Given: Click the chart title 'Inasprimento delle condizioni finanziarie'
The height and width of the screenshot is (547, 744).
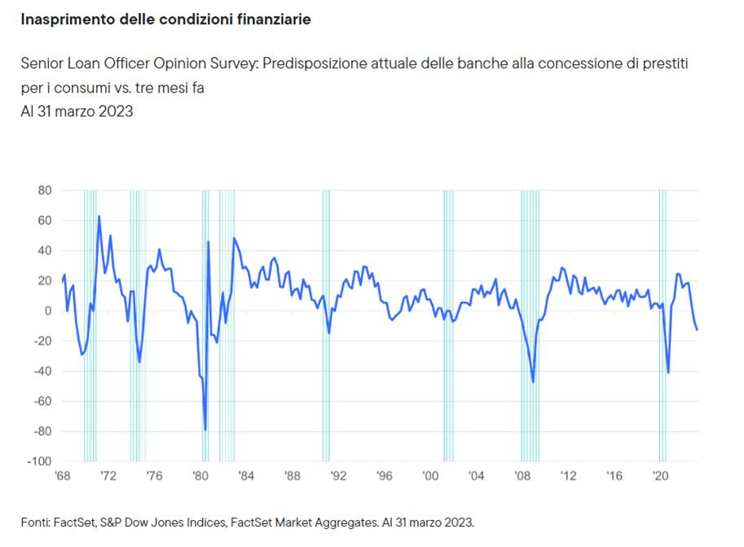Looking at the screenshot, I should [166, 19].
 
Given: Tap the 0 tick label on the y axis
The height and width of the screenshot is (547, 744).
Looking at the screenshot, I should [48, 311].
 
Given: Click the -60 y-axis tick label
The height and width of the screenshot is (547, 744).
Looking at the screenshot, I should [42, 401].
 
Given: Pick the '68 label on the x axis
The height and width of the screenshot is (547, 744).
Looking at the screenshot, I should [62, 476].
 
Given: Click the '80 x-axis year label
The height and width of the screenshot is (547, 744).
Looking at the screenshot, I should [200, 476].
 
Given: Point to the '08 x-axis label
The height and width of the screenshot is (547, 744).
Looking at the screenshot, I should [522, 476].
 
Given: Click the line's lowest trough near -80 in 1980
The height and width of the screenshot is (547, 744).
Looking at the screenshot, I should [205, 430].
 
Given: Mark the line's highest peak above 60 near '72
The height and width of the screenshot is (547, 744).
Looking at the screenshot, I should [99, 216].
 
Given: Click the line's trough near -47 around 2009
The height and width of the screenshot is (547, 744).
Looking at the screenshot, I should [533, 382].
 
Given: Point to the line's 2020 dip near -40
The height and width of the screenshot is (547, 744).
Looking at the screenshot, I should [668, 373].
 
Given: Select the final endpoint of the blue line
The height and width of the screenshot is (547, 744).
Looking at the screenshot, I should [698, 330].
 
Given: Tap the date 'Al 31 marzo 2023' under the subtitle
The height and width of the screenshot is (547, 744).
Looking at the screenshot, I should [77, 112].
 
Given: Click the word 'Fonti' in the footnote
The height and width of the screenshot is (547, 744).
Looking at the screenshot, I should [35, 522].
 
